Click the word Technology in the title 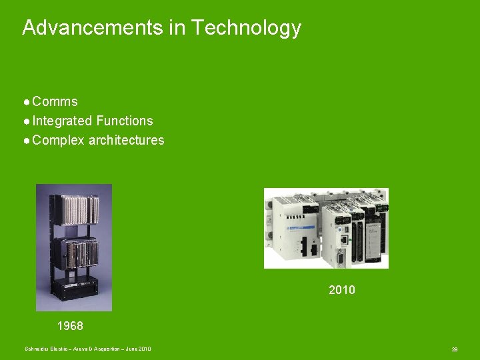coord(246,29)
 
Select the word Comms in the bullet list coord(55,102)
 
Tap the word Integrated coord(62,121)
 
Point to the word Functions coord(125,121)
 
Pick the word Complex coord(58,141)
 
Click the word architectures coord(127,141)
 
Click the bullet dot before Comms coord(26,103)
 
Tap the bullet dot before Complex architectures coord(26,141)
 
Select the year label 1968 coord(70,326)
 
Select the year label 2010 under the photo coord(342,290)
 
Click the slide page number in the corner coord(454,349)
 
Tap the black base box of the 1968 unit coord(75,287)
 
